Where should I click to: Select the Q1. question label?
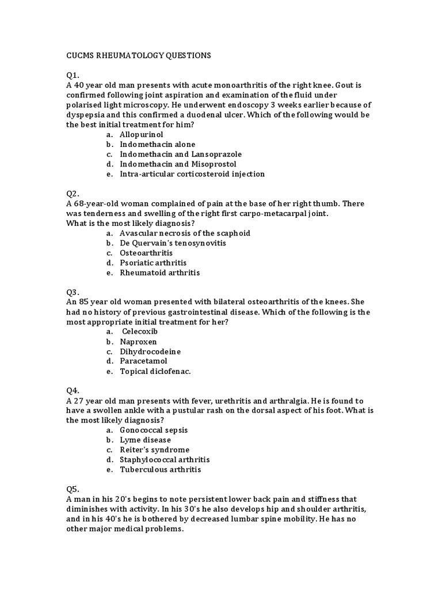[x=73, y=75]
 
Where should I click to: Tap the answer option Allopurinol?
[x=142, y=134]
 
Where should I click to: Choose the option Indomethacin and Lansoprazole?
[x=180, y=154]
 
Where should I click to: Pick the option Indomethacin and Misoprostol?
[x=178, y=164]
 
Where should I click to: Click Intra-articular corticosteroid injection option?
[x=192, y=173]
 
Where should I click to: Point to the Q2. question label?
[x=73, y=194]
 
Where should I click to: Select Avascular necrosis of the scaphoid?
[x=185, y=233]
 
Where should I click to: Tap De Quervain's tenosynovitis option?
[x=173, y=243]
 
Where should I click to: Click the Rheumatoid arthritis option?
[x=159, y=273]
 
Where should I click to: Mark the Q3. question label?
[x=73, y=292]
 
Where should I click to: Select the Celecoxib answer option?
[x=139, y=332]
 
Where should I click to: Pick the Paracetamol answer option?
[x=143, y=361]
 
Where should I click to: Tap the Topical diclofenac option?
[x=155, y=371]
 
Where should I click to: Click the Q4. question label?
[x=73, y=391]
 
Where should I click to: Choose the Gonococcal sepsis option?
[x=154, y=430]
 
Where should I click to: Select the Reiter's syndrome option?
[x=154, y=449]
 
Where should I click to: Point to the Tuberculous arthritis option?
[x=160, y=470]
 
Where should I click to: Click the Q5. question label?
[x=73, y=489]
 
